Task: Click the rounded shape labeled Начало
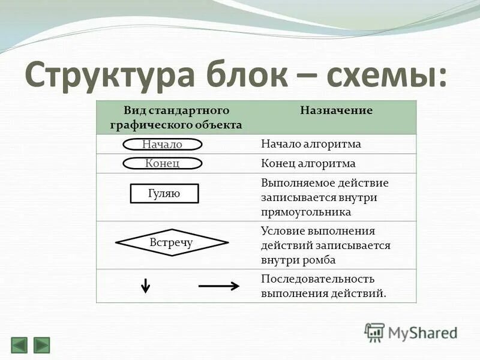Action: click(163, 145)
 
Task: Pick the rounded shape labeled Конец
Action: click(163, 163)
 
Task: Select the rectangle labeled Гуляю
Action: click(164, 193)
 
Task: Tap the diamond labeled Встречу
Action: click(172, 243)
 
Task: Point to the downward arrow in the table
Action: click(145, 286)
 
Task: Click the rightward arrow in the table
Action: click(219, 286)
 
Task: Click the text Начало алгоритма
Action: click(311, 145)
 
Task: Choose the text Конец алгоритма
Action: click(308, 163)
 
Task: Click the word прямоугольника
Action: click(306, 212)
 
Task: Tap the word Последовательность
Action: click(318, 279)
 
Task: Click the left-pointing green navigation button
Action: click(19, 345)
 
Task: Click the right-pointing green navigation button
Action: click(41, 345)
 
